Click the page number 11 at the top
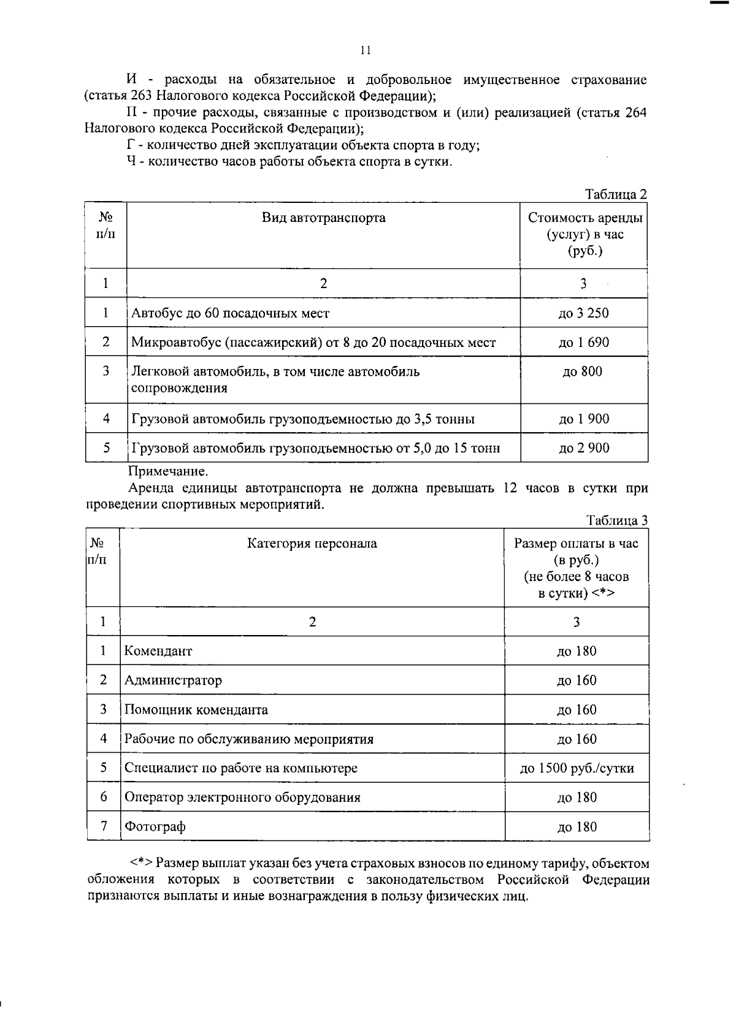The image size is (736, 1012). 366,51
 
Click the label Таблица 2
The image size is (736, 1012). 616,194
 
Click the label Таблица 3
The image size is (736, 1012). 616,520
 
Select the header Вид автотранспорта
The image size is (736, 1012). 324,218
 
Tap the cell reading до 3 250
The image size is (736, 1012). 583,313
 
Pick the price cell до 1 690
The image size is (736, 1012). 583,342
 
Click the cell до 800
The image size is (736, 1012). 582,371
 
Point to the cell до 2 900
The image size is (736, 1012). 584,448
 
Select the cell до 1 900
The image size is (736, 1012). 584,419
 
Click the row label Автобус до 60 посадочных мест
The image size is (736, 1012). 230,313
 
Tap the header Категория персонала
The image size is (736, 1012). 312,544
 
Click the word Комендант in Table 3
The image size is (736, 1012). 158,651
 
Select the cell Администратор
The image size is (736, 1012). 173,680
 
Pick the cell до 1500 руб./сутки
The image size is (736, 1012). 577,768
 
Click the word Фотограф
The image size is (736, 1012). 155,827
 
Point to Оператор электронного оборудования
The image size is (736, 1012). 242,797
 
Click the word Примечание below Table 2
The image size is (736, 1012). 167,471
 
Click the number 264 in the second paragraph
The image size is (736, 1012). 635,113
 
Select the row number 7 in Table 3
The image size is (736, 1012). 104,826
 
